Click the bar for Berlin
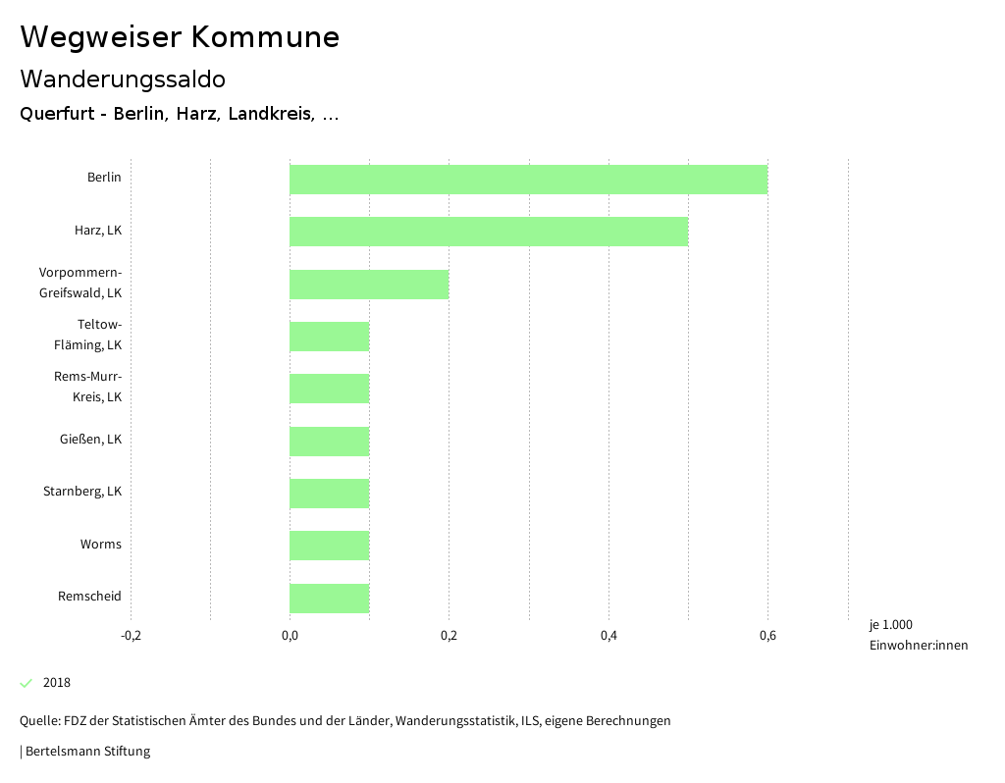(x=528, y=180)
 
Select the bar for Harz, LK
(x=489, y=232)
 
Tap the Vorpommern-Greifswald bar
(x=369, y=285)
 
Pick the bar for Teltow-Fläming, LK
(x=330, y=337)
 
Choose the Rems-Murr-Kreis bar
(x=330, y=389)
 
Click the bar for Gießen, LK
(x=330, y=442)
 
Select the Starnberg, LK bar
(x=330, y=494)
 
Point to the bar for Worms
(x=330, y=546)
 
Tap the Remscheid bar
(x=330, y=599)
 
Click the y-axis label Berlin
(x=104, y=178)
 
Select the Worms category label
(x=101, y=545)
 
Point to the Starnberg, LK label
(x=82, y=492)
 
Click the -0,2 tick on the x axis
(x=131, y=636)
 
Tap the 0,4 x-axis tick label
(x=608, y=636)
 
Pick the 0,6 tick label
(x=767, y=636)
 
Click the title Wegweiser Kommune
(x=180, y=37)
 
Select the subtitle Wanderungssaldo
(x=123, y=78)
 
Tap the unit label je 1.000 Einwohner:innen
(x=918, y=635)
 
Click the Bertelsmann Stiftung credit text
(x=86, y=752)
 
